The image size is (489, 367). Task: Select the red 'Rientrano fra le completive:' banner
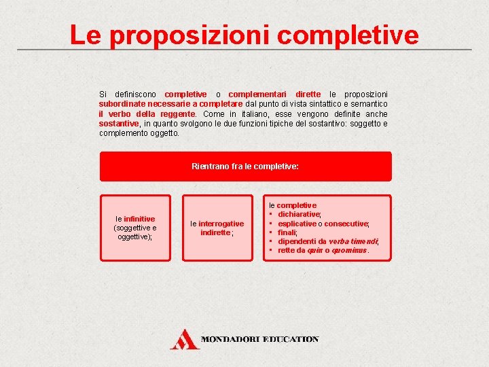245,166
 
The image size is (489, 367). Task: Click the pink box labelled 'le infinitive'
135,228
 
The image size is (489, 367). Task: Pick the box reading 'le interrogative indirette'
217,228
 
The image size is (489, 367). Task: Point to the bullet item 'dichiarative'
300,214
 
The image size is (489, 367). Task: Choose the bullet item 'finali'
287,232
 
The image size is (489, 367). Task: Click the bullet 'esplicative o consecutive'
323,224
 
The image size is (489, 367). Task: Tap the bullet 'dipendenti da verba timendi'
327,241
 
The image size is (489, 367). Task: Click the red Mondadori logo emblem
183,339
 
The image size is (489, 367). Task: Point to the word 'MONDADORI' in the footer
231,339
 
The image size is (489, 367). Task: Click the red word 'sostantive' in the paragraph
119,124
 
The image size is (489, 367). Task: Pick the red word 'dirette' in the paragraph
308,94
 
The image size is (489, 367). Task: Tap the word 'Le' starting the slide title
85,35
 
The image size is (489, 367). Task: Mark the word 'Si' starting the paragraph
103,94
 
